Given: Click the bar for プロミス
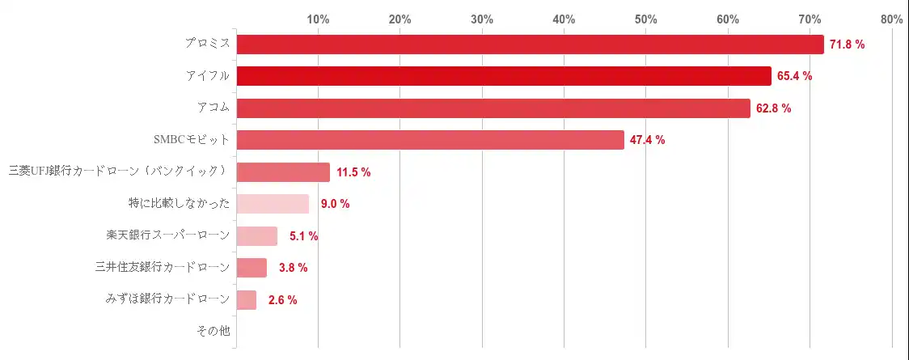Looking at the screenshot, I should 530,44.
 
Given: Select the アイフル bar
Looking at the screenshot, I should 504,76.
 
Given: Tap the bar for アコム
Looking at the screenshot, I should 493,108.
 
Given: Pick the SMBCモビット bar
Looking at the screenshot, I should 430,140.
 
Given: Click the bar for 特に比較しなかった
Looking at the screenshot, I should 273,204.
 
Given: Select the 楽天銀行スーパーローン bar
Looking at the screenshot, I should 257,236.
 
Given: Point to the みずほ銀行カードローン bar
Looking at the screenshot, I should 247,300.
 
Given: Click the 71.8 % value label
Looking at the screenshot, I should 847,44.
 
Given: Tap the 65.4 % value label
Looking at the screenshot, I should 794,76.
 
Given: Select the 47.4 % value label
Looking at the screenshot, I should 647,140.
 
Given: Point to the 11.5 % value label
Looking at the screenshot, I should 353,172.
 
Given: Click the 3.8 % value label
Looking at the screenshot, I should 293,268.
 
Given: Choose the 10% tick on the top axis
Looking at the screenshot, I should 318,19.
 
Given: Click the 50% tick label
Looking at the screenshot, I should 645,19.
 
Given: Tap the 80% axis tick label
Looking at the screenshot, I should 891,19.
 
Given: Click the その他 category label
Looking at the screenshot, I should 213,331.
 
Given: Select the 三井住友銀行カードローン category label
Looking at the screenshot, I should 162,267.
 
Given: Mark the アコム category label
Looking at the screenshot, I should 214,108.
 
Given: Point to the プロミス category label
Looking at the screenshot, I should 207,44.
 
